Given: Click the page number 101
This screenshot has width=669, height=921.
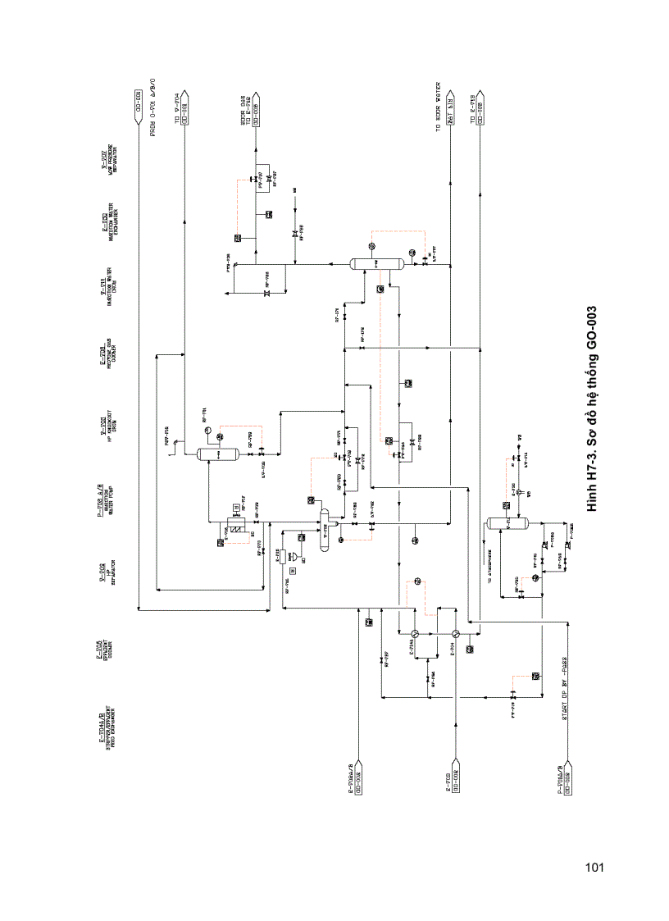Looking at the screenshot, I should (x=595, y=867).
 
